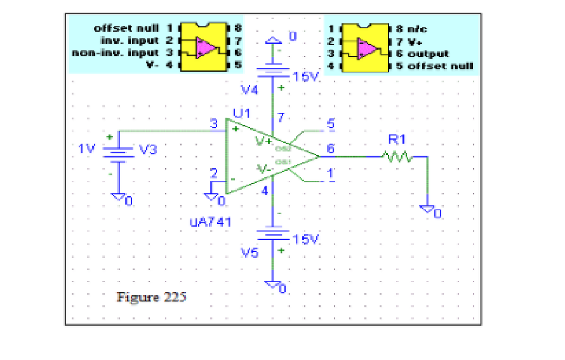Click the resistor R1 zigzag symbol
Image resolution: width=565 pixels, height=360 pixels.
click(x=396, y=156)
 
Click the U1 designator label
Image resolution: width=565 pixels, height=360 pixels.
click(x=241, y=113)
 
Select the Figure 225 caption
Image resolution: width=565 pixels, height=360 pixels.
click(x=151, y=297)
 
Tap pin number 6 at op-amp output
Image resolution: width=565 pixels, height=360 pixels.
click(x=330, y=149)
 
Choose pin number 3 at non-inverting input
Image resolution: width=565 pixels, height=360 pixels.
click(x=214, y=123)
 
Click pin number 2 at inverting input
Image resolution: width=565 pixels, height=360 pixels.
click(x=214, y=173)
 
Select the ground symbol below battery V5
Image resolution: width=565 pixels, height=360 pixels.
click(x=274, y=285)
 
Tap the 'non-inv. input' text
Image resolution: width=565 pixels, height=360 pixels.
click(x=115, y=53)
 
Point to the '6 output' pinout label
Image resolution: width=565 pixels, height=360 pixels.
click(x=423, y=53)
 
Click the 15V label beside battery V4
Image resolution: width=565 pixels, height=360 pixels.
click(x=307, y=76)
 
